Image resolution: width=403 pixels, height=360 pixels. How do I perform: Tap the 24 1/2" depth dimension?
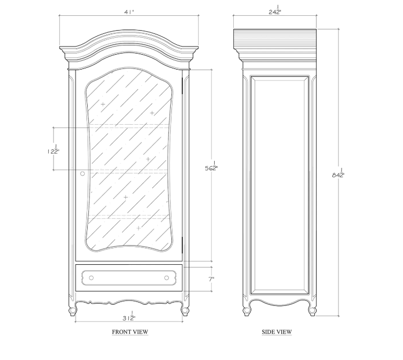click(275, 10)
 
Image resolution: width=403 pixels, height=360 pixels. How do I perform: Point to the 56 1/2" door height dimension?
click(211, 166)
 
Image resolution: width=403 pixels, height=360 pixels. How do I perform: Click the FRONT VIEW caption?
click(130, 332)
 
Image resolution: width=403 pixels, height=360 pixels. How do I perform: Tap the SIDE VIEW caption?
click(277, 332)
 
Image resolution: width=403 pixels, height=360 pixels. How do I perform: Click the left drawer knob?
click(91, 278)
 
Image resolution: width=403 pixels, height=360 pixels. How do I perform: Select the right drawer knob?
click(166, 278)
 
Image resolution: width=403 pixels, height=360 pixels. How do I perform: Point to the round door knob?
click(83, 173)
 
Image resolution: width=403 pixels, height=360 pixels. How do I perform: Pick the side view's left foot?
click(246, 311)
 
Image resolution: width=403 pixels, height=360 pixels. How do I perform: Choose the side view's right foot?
click(312, 311)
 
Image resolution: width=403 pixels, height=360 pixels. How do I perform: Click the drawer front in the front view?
click(129, 278)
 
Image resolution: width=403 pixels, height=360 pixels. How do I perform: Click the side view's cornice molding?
click(275, 41)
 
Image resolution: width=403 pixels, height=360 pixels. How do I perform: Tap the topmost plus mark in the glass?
click(103, 104)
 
